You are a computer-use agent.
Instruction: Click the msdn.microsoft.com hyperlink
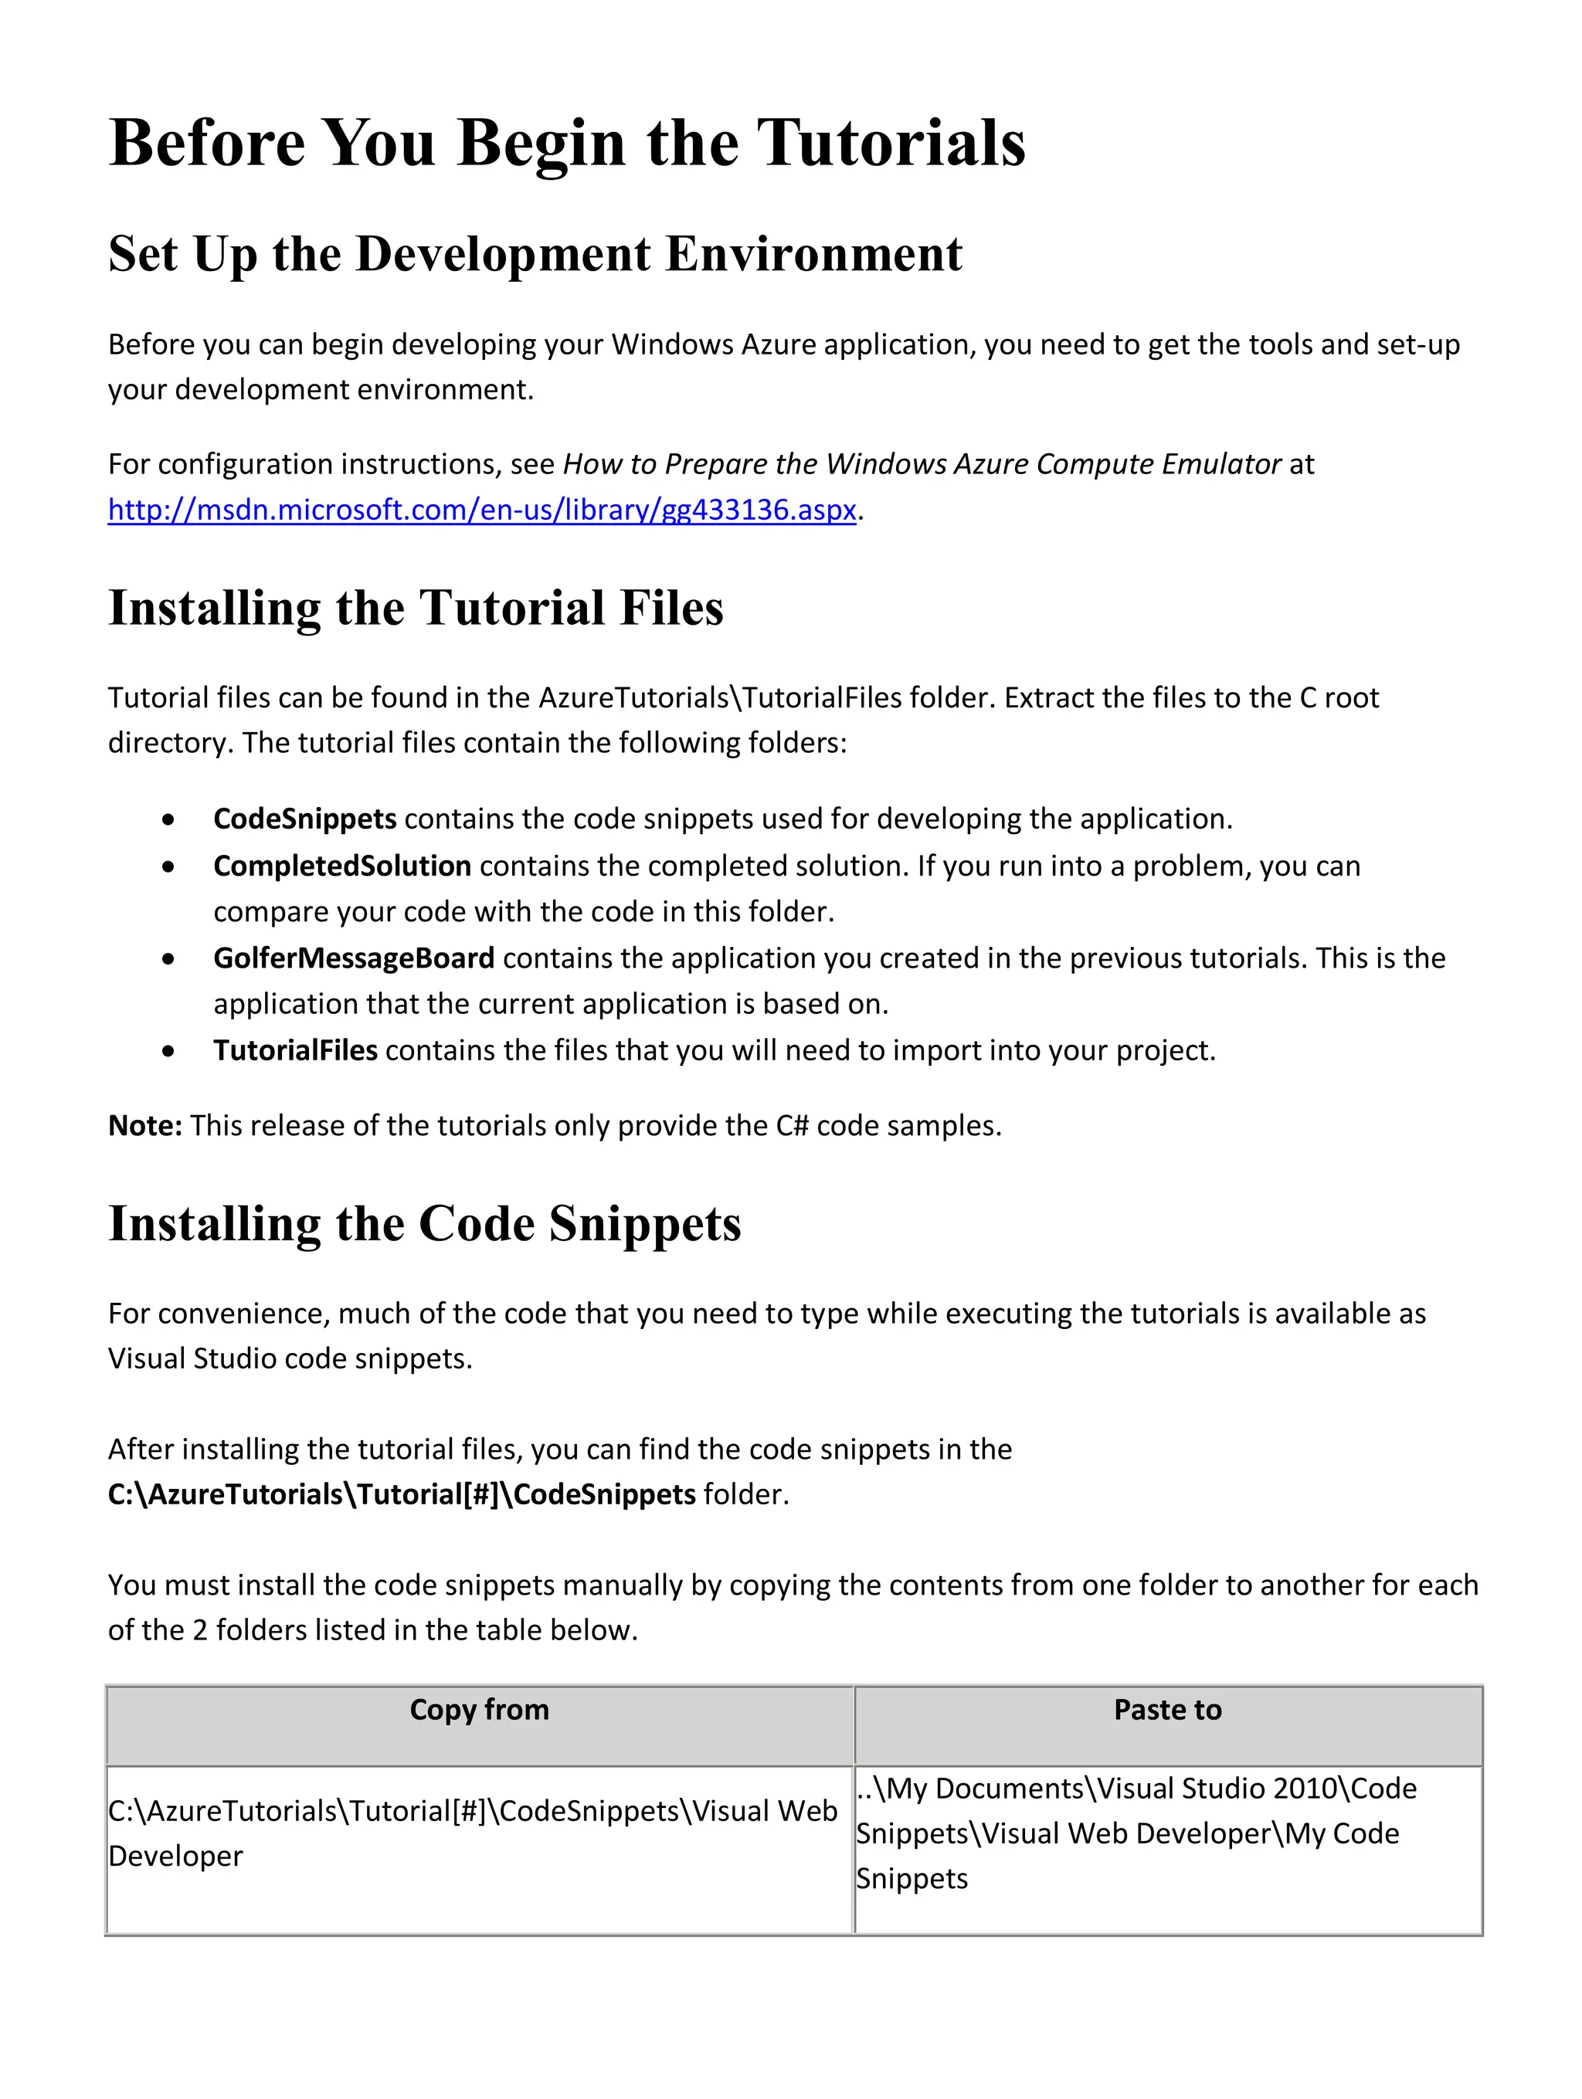coord(482,510)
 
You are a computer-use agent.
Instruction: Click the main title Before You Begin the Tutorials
coord(566,144)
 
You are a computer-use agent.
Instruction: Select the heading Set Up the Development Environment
coord(535,254)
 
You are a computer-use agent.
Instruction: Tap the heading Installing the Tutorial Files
coord(416,609)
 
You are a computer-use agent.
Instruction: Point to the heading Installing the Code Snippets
coord(424,1224)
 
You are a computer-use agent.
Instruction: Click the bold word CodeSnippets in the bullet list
coord(304,819)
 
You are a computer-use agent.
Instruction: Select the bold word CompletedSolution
coord(341,866)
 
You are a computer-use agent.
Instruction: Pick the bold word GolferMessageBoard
coord(353,958)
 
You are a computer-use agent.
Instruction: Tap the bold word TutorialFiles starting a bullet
coord(295,1050)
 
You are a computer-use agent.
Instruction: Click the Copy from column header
coord(479,1709)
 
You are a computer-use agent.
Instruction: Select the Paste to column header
coord(1167,1709)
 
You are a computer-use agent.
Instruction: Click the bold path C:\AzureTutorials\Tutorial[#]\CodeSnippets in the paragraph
coord(402,1494)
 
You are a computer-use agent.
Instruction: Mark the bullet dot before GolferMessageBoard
coord(168,959)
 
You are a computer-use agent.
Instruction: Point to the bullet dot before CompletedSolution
coord(168,867)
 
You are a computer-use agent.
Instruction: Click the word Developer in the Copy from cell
coord(175,1856)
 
